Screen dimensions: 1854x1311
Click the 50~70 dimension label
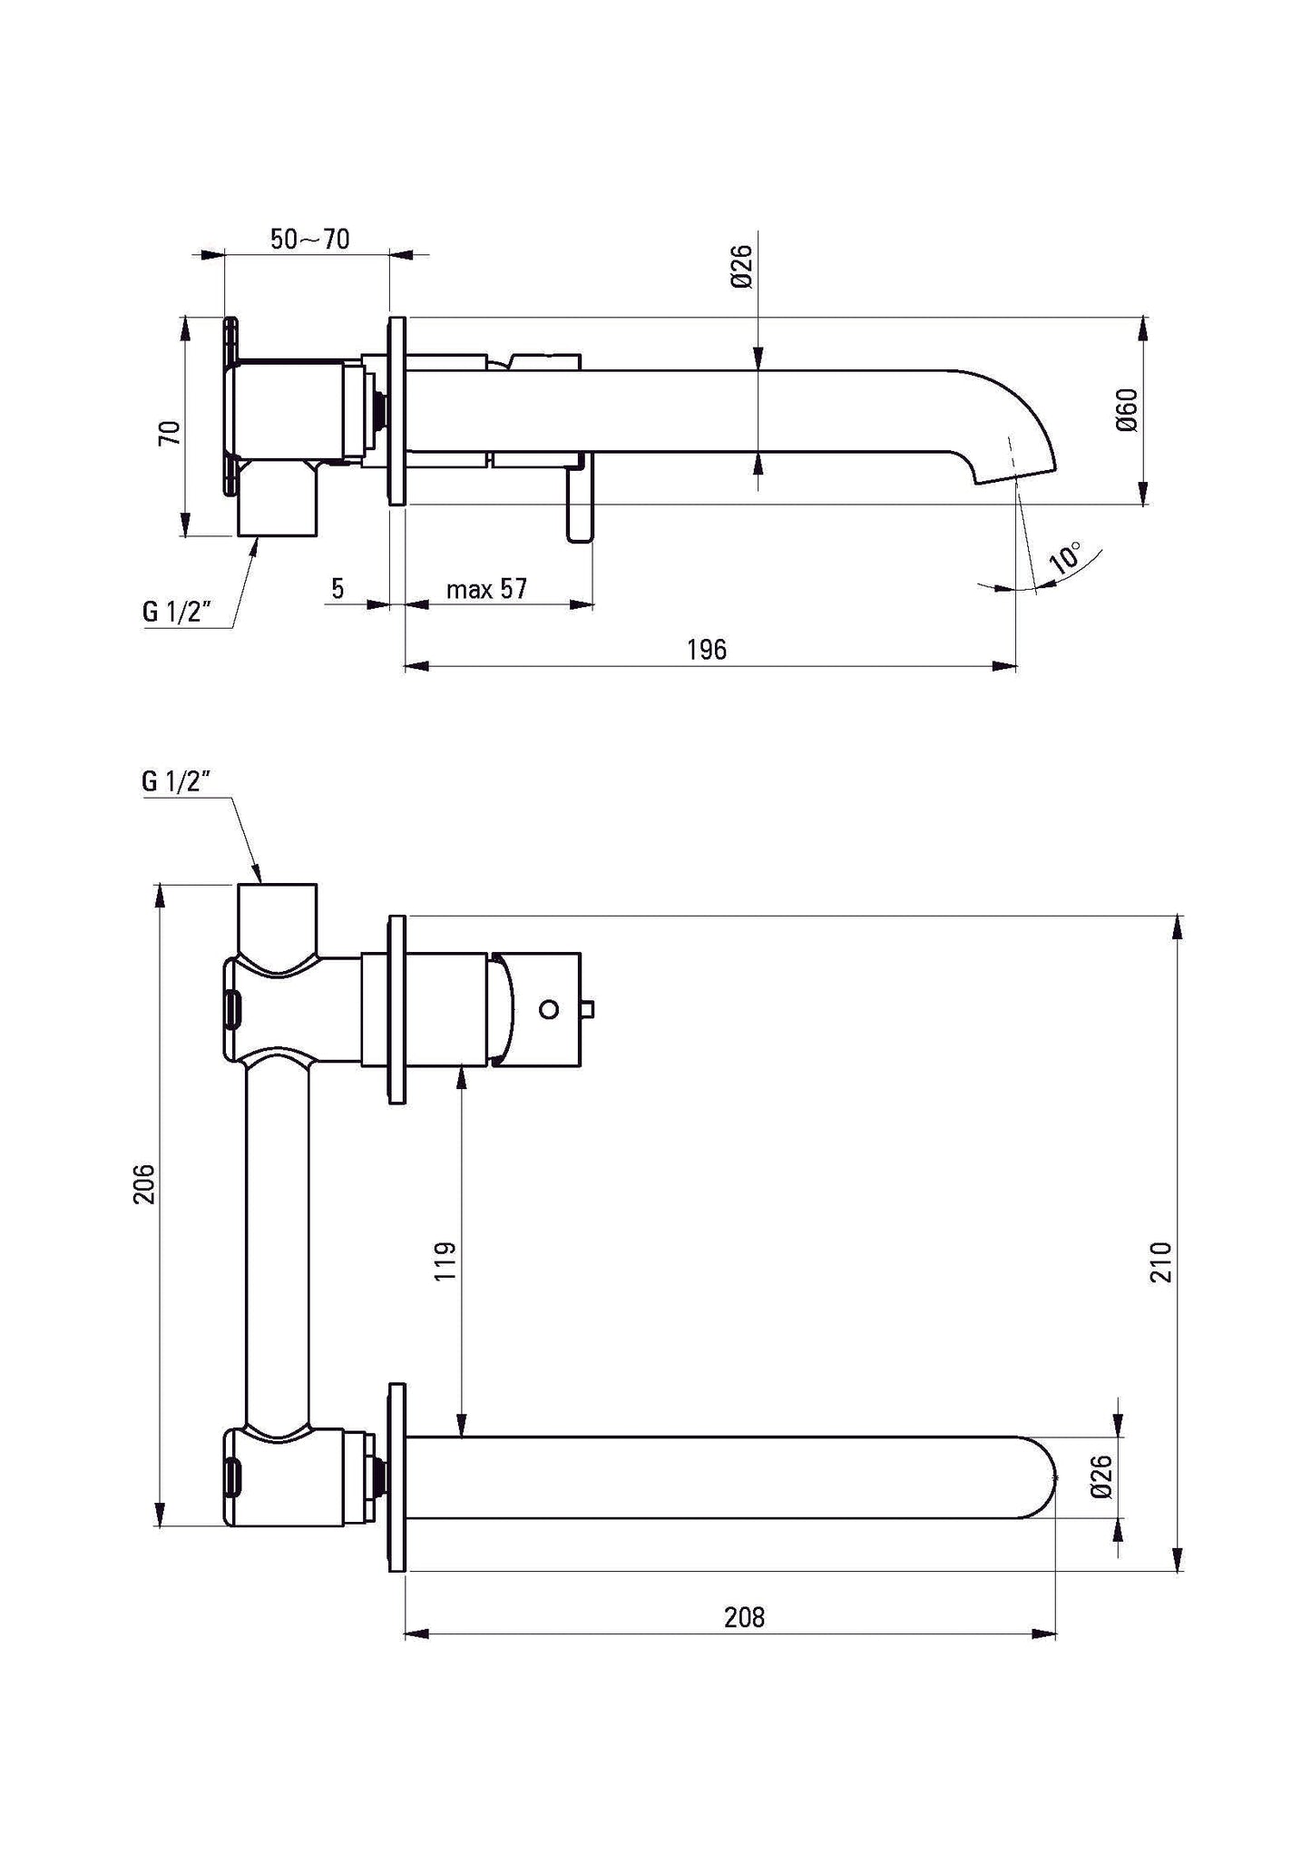click(309, 239)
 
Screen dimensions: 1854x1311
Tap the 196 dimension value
click(706, 649)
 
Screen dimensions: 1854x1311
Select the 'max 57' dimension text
click(486, 589)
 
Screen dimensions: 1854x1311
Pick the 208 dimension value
click(744, 1616)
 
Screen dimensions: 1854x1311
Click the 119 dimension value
click(445, 1261)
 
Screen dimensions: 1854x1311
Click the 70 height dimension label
click(170, 432)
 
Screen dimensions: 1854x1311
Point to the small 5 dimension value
click(338, 589)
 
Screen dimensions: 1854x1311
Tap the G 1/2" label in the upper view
click(177, 611)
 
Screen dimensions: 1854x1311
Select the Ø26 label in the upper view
click(741, 267)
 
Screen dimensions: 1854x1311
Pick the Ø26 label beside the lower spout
click(1101, 1476)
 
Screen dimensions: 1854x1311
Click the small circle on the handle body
click(549, 1008)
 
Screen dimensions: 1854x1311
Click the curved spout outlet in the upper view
click(1012, 436)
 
